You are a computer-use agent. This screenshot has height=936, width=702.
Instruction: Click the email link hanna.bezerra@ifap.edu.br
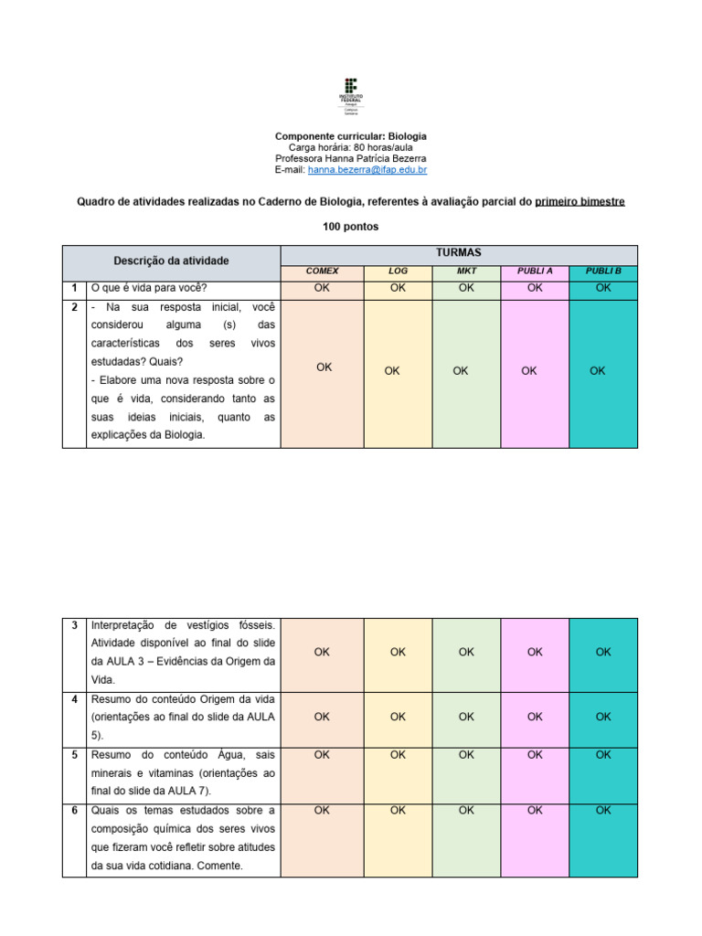pyautogui.click(x=367, y=170)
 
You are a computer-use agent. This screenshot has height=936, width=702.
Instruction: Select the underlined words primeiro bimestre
pyautogui.click(x=580, y=201)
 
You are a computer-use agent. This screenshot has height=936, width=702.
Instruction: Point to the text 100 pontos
pyautogui.click(x=351, y=226)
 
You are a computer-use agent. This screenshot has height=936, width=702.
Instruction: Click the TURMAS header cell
pyautogui.click(x=459, y=252)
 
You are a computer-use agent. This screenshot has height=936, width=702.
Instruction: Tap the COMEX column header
pyautogui.click(x=322, y=271)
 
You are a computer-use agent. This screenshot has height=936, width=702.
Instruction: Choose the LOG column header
pyautogui.click(x=398, y=271)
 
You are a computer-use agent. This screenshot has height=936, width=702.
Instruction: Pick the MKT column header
pyautogui.click(x=466, y=271)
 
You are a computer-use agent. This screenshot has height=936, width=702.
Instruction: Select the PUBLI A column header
pyautogui.click(x=535, y=271)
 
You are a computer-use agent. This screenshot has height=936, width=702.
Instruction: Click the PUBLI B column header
pyautogui.click(x=603, y=271)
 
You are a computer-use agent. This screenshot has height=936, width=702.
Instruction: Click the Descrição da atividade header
pyautogui.click(x=171, y=261)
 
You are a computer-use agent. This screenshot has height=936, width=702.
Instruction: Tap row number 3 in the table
pyautogui.click(x=73, y=625)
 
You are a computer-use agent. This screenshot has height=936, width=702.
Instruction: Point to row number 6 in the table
pyautogui.click(x=73, y=811)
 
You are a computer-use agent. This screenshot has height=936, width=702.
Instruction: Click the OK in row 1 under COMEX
pyautogui.click(x=322, y=288)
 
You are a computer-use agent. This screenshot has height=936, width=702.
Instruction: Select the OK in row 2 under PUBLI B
pyautogui.click(x=597, y=371)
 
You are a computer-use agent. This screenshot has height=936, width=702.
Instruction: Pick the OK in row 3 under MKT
pyautogui.click(x=466, y=653)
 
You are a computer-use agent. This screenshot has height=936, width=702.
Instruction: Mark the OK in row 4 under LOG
pyautogui.click(x=398, y=718)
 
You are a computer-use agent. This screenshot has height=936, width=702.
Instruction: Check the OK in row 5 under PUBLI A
pyautogui.click(x=535, y=755)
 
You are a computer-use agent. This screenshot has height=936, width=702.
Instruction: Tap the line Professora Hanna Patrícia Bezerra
pyautogui.click(x=351, y=158)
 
